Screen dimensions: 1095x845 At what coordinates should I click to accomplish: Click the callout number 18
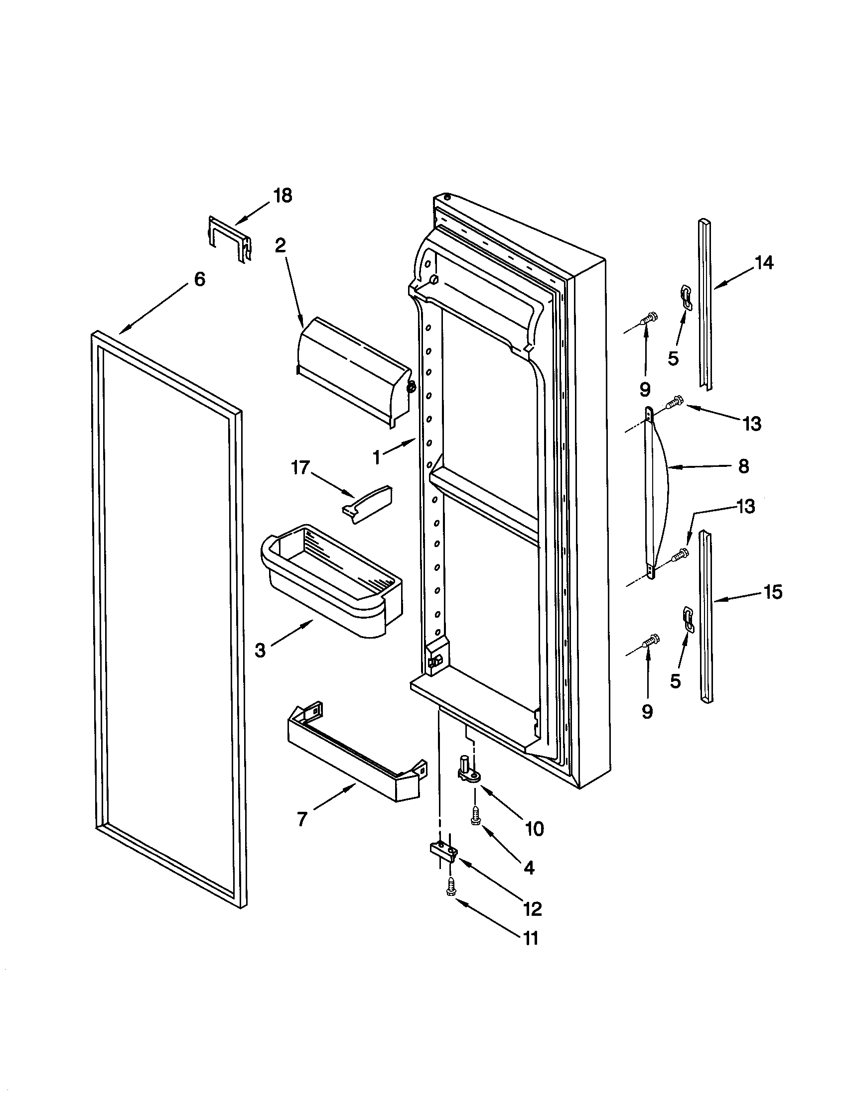coord(283,196)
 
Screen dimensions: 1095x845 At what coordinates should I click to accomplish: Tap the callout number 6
coord(200,279)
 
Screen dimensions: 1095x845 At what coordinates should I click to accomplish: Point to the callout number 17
coord(299,469)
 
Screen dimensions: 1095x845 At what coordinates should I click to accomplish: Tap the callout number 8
coord(744,466)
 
